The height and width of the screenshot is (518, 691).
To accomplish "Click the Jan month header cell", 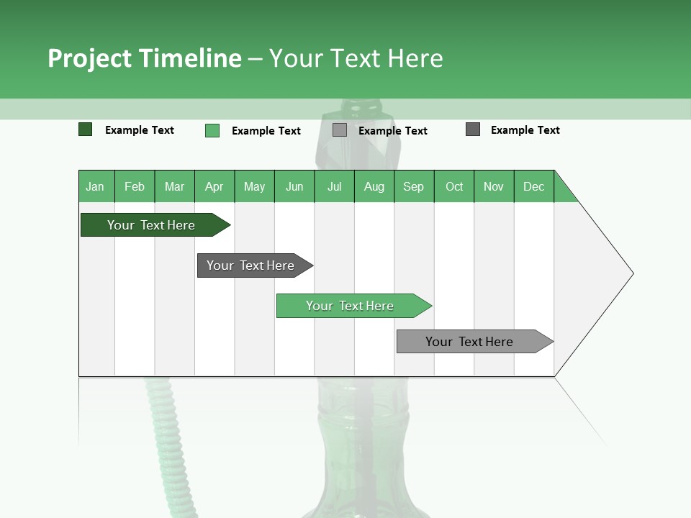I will tap(96, 186).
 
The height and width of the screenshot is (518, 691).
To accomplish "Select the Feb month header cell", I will tap(135, 186).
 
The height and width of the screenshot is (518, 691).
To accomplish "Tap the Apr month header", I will tap(214, 186).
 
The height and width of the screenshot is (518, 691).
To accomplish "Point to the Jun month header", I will tap(294, 186).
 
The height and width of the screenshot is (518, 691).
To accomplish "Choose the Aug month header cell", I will tap(374, 186).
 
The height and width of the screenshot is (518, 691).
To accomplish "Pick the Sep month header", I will tap(414, 186).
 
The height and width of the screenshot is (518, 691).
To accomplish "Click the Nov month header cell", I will tap(494, 186).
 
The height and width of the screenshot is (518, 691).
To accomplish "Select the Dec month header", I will tap(533, 186).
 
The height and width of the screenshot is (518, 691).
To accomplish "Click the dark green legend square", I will tap(86, 129).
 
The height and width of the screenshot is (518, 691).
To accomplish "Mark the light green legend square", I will tap(212, 130).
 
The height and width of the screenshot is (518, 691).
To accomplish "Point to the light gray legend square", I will tap(340, 130).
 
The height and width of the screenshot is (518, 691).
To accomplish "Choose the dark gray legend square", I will tap(473, 129).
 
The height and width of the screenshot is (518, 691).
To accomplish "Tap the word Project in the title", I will tap(89, 58).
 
